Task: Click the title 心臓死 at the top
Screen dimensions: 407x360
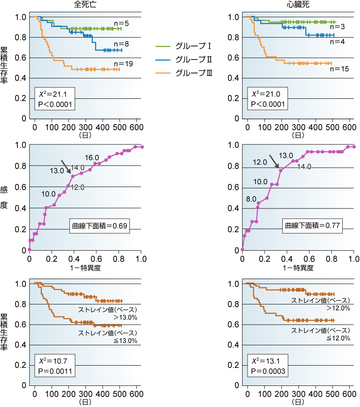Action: coord(298,5)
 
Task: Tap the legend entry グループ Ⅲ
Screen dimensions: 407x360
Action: coord(184,73)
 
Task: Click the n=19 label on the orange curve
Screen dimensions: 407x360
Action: coord(123,64)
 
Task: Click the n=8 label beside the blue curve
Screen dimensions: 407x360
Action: coord(123,44)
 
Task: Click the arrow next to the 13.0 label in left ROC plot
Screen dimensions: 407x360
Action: coord(66,166)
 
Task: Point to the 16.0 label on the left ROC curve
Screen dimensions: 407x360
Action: coord(92,157)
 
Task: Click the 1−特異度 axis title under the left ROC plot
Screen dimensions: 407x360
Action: coord(85,267)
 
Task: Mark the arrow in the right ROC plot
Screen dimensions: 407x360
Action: coord(275,161)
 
